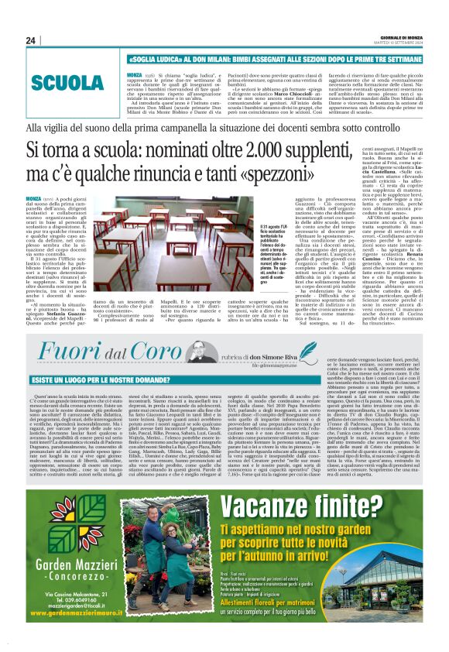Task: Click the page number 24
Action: (x=31, y=41)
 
